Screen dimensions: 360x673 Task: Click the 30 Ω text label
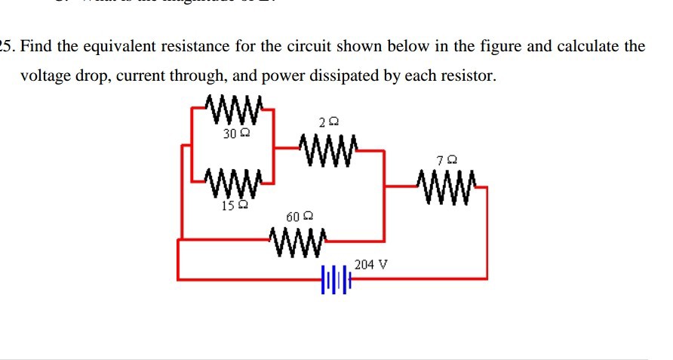tap(236, 134)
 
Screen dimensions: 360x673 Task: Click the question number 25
tap(7, 46)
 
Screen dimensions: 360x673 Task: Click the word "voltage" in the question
tap(45, 76)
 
